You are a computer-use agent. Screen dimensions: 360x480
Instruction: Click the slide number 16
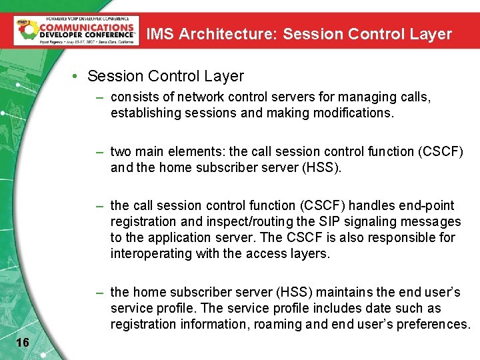tap(22, 342)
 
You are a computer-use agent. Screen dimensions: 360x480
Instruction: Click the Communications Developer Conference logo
tap(76, 30)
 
